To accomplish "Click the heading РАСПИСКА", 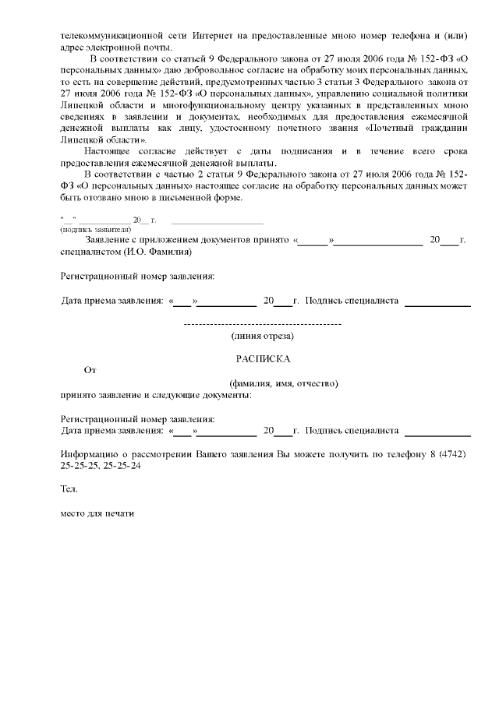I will pos(263,359).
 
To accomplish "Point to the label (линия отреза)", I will pos(262,336).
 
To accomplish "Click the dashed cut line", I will pos(262,323).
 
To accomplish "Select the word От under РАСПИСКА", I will pos(90,371).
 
